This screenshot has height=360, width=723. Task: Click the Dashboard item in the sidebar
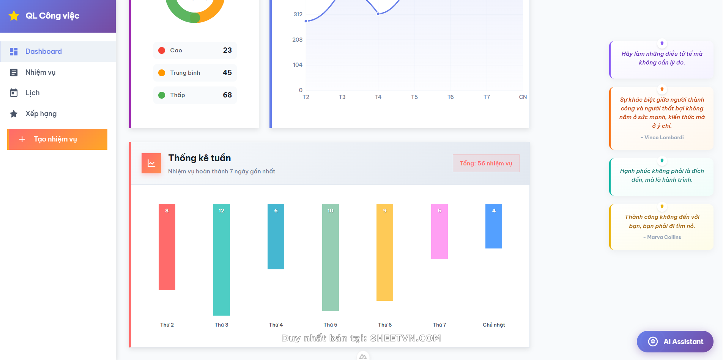43,52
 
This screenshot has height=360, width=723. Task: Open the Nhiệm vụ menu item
40,72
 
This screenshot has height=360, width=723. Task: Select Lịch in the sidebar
32,93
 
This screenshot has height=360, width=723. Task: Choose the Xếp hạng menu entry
41,114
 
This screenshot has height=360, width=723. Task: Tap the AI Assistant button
675,341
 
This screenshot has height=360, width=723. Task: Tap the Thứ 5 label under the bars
330,325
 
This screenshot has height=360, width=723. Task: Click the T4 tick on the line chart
378,97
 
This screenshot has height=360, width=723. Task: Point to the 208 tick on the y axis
297,40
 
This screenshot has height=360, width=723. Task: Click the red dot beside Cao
162,50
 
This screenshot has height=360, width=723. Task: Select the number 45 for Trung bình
227,72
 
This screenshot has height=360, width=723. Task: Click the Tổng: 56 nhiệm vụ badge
486,163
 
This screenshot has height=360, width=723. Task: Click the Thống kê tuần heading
200,158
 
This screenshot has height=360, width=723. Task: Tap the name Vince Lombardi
664,137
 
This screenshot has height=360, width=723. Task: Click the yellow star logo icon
14,16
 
